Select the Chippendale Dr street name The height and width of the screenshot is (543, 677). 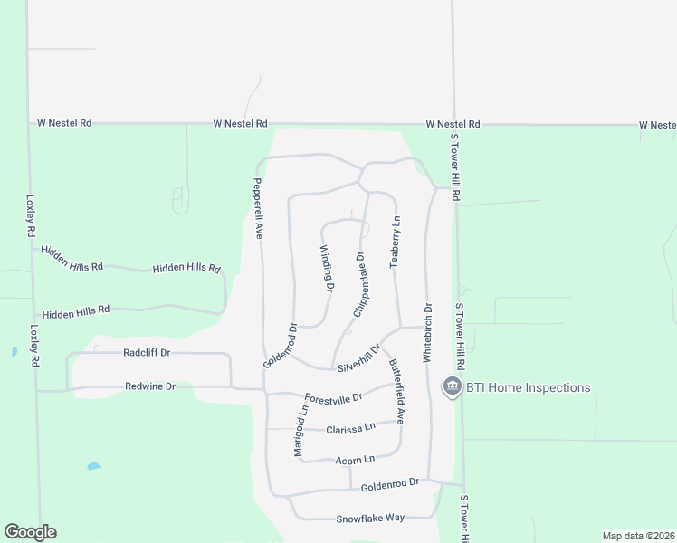coord(360,284)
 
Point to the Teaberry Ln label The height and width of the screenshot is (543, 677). coord(395,241)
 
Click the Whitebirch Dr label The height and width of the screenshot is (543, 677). coord(427,333)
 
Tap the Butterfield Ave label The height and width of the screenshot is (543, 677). coord(396,392)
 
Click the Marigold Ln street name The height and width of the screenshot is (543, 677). coord(300,429)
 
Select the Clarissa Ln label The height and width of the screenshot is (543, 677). coord(350,428)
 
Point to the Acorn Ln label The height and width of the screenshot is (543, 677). coord(354,461)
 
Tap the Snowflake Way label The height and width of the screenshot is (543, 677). coord(370,518)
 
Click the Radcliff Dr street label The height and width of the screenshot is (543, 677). coord(147,353)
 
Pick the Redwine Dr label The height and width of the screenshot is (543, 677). coord(149,386)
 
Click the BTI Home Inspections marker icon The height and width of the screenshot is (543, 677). coord(450,386)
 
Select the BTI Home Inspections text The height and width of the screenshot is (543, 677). coord(528,388)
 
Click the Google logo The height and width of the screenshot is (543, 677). coord(30,532)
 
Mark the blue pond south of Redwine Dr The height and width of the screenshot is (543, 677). coord(93,466)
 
